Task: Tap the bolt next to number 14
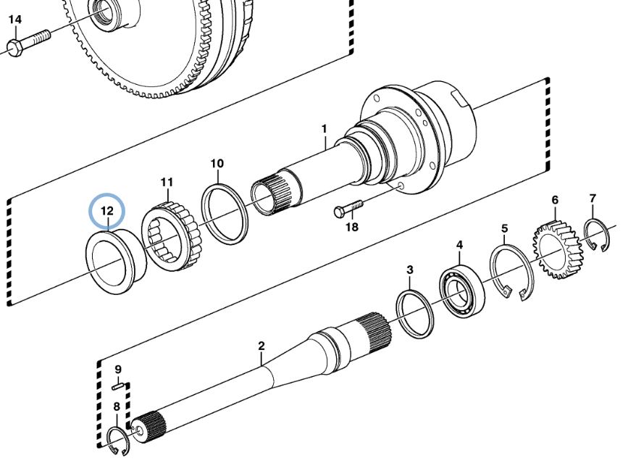click(29, 41)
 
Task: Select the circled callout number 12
click(106, 211)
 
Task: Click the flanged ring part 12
click(116, 260)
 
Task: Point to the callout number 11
click(167, 181)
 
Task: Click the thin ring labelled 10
click(225, 213)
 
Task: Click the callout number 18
click(352, 228)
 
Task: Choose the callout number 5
click(505, 230)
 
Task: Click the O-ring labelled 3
click(415, 312)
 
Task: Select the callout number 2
click(261, 346)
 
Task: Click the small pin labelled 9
click(120, 386)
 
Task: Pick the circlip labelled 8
click(116, 439)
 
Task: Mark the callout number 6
click(555, 200)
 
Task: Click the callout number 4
click(459, 246)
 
